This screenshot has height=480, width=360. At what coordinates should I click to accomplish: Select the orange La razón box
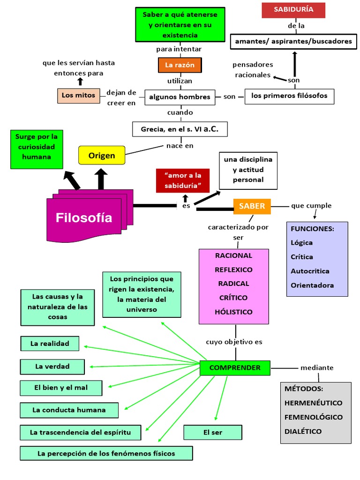point(180,65)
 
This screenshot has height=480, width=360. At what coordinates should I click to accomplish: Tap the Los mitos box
point(78,96)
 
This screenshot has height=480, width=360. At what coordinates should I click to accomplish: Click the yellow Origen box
point(102,156)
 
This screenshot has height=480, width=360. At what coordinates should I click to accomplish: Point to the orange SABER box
point(252,206)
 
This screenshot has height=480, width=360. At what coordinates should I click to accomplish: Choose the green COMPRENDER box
point(234,368)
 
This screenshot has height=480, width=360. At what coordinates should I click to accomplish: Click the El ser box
point(213,432)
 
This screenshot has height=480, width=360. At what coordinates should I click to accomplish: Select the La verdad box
point(52,367)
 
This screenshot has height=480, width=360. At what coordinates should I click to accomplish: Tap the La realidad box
point(50,344)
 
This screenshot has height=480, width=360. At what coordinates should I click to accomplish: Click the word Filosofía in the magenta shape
point(84,218)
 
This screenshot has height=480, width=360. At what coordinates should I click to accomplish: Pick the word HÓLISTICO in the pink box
point(233,312)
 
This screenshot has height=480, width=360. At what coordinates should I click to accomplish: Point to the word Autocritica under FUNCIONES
point(310,271)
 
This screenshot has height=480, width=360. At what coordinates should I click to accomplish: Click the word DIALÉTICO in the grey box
point(303,431)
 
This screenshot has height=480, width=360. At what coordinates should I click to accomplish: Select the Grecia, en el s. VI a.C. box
point(180,129)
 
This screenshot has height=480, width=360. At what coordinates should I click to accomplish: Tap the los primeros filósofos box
point(289,96)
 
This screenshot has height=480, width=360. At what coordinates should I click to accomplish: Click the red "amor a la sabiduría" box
point(183,180)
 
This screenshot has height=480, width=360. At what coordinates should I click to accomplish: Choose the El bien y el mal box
point(61,388)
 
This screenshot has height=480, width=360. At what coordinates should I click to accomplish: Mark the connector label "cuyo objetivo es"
point(234,342)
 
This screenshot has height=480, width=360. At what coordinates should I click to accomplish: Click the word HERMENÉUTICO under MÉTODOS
point(313,403)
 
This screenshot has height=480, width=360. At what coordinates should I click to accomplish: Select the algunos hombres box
point(180,97)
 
